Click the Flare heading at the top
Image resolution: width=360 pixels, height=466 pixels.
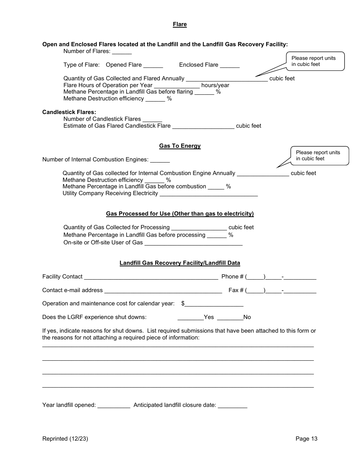coord(180,24)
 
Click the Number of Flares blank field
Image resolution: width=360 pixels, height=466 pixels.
coord(122,52)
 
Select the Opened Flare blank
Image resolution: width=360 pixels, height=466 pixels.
coord(153,65)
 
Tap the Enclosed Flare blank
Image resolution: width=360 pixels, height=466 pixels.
coord(230,65)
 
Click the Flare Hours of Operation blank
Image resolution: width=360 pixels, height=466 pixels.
coord(177,86)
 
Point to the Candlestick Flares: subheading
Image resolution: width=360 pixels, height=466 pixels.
coord(69,112)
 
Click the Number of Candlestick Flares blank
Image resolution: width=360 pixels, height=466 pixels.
coord(152,119)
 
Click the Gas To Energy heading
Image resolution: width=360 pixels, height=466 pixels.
coord(180,146)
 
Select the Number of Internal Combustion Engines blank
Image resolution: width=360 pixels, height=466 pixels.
coord(160,160)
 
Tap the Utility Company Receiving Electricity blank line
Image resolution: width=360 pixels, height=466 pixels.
coord(208,194)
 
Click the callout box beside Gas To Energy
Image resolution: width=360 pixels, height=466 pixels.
coord(319,155)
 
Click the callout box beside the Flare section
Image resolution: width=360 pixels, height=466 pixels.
coord(315,61)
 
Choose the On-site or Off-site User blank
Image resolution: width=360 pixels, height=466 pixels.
coord(193,243)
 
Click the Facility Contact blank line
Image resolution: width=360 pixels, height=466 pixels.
coord(151,277)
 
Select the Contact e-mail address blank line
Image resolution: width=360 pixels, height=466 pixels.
coord(163,291)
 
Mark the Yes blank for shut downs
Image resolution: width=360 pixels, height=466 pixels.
coord(190,317)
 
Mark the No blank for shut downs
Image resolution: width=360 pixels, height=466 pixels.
coord(230,317)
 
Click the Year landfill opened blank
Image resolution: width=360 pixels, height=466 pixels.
coord(114,405)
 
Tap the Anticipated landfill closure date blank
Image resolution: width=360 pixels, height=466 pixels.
coord(232,405)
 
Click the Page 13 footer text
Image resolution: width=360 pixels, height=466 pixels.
coord(306,439)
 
